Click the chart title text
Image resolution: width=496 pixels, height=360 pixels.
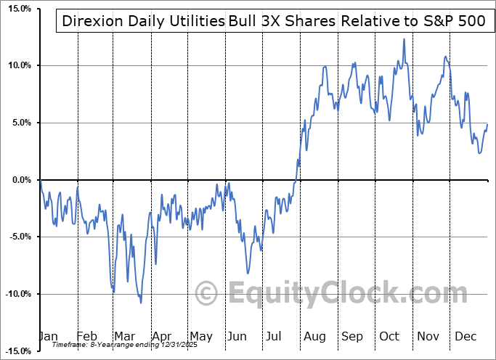click(x=274, y=21)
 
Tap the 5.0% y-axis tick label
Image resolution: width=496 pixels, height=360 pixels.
click(x=18, y=123)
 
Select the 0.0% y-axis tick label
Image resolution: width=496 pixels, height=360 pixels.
click(x=18, y=180)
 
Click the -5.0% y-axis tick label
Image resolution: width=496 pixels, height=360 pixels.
click(x=17, y=237)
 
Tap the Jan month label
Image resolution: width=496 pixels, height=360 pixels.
click(x=48, y=336)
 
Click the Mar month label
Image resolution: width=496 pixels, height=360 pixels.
click(x=125, y=336)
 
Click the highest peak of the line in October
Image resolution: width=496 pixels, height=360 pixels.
click(x=404, y=39)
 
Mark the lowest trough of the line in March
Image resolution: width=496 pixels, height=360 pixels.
click(x=141, y=303)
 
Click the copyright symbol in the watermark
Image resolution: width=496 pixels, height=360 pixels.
click(x=208, y=294)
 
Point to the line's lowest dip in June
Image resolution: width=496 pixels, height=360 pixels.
click(x=248, y=274)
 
